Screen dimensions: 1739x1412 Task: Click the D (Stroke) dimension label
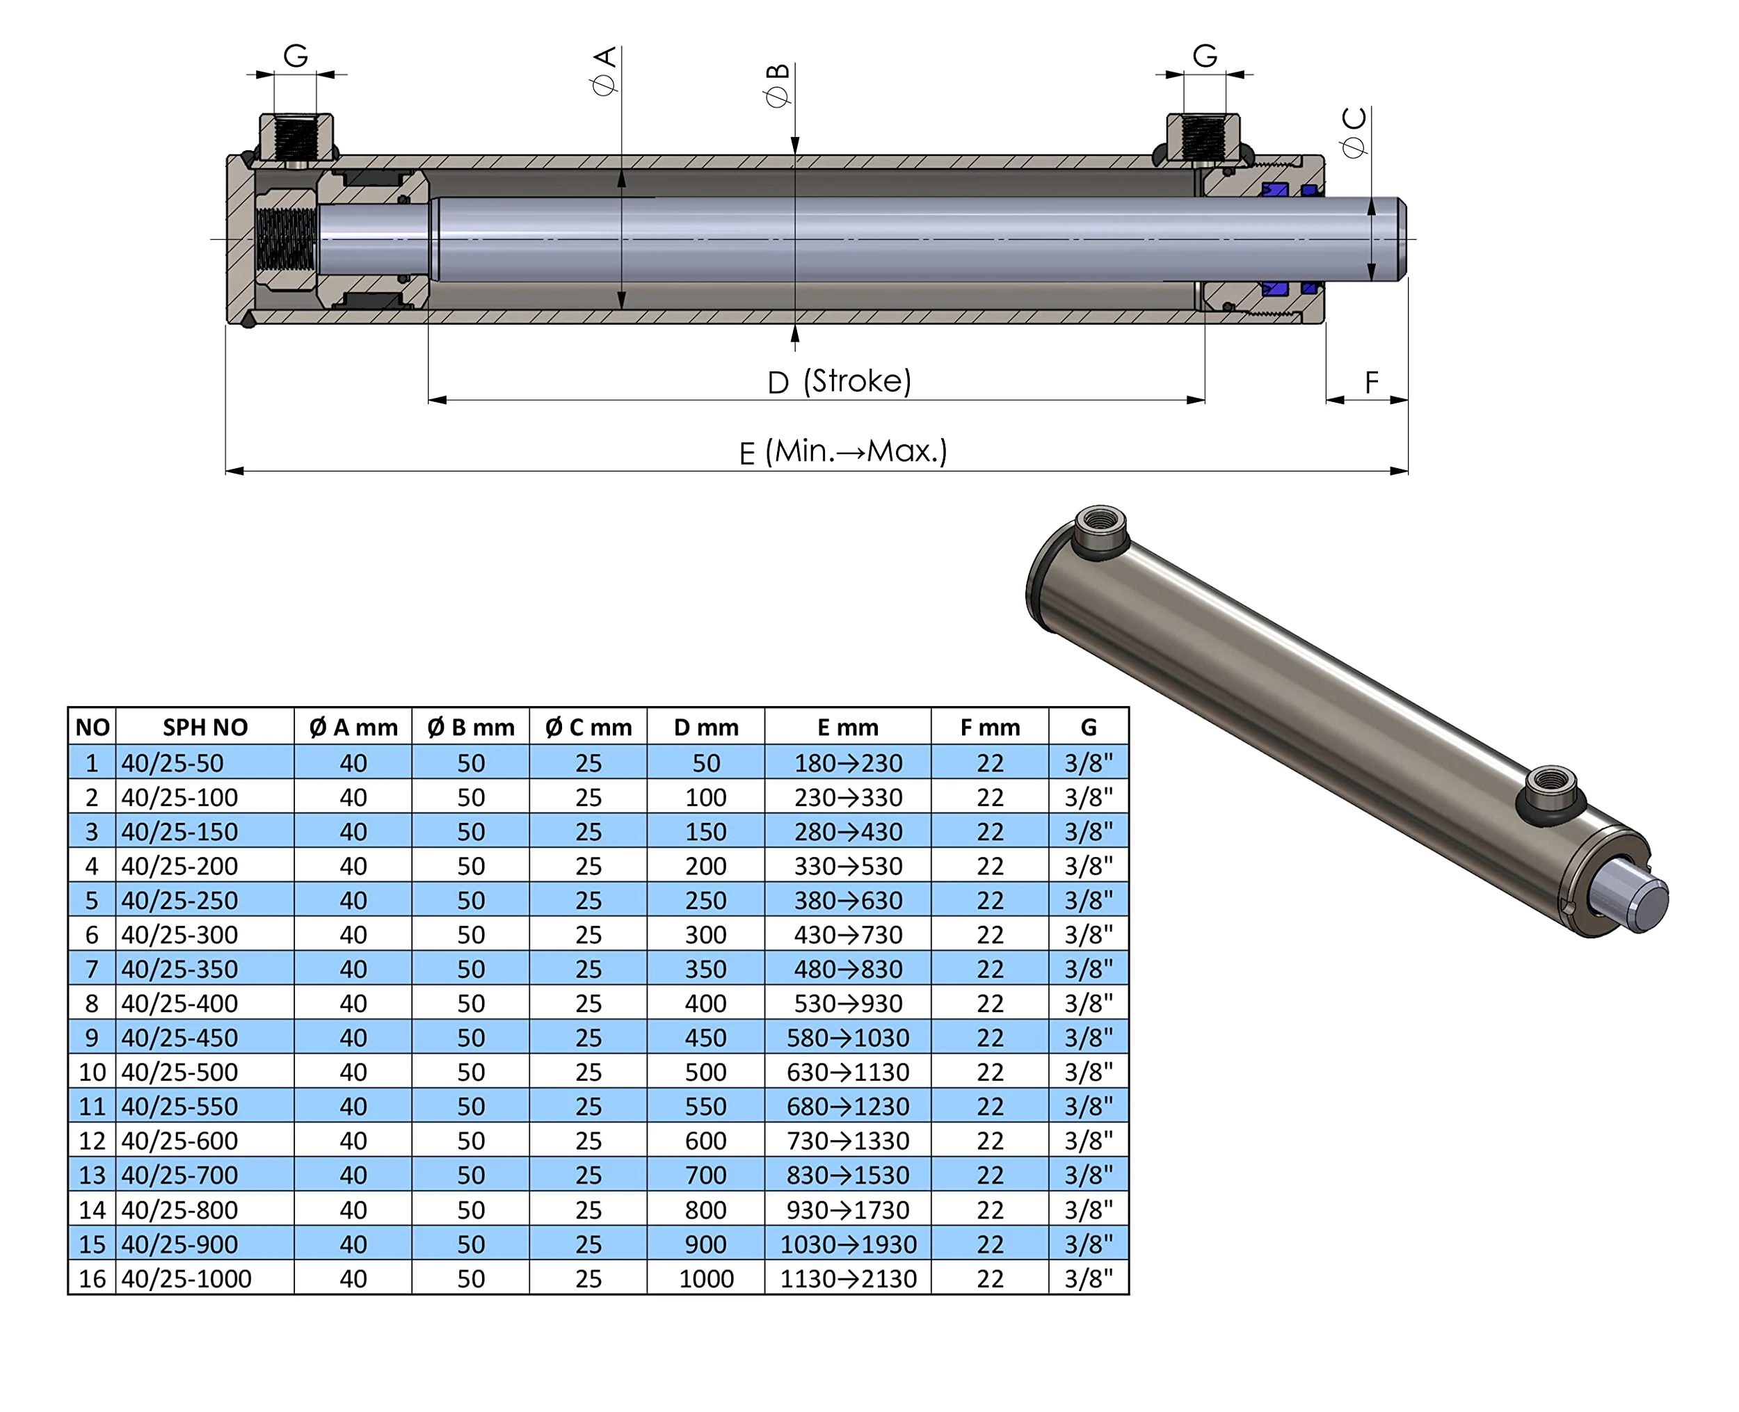[840, 381]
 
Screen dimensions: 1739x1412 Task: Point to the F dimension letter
[1371, 381]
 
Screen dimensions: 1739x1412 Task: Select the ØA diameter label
[604, 71]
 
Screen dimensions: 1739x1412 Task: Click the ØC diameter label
[1354, 133]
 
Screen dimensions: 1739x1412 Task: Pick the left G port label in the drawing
[295, 56]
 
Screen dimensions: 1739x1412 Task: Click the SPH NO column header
[205, 727]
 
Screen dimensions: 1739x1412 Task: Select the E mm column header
[847, 727]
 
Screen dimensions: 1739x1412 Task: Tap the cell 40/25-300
[179, 935]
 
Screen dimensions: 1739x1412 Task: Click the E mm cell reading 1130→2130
[847, 1278]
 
